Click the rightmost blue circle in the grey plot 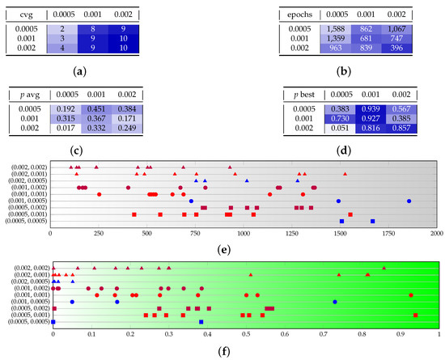click(x=409, y=201)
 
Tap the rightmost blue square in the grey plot click(x=373, y=221)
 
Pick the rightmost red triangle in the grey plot click(x=345, y=174)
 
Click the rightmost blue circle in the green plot click(x=334, y=302)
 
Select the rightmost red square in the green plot click(x=415, y=316)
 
